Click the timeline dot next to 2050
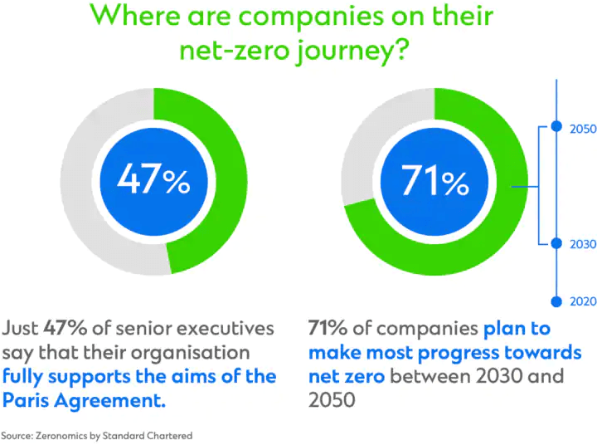pyautogui.click(x=557, y=128)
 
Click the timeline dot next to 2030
pyautogui.click(x=557, y=244)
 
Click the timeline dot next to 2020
pyautogui.click(x=557, y=301)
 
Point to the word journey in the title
pyautogui.click(x=342, y=51)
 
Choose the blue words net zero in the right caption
pyautogui.click(x=346, y=376)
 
